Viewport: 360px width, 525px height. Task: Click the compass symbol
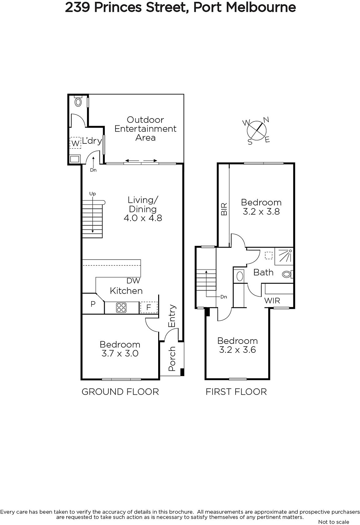click(x=257, y=131)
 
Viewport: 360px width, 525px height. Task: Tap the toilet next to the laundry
click(x=78, y=101)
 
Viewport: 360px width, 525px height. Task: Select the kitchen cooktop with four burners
click(x=121, y=307)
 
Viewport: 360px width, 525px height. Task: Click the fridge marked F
click(x=149, y=307)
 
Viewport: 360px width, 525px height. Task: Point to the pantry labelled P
click(x=93, y=304)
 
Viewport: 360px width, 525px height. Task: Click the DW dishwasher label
click(x=133, y=281)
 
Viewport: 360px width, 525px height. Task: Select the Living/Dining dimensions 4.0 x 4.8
click(x=143, y=218)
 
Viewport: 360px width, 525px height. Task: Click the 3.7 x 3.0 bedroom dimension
click(x=120, y=353)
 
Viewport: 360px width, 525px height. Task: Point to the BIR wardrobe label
click(x=224, y=209)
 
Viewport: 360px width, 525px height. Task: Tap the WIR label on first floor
click(x=272, y=301)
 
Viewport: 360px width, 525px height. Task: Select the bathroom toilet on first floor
click(x=288, y=274)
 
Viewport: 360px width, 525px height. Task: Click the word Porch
click(x=172, y=359)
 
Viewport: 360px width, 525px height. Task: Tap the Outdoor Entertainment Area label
click(x=145, y=129)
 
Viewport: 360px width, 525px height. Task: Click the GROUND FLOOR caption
click(x=120, y=392)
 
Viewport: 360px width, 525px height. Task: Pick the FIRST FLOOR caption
click(x=236, y=392)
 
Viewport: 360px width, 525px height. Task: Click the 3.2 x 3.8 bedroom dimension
click(x=261, y=212)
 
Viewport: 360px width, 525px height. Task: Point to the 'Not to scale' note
click(x=334, y=522)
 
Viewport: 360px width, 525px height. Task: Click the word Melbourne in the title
click(x=261, y=8)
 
